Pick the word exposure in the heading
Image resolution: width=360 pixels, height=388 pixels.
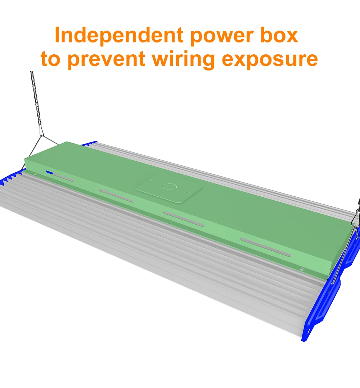point(270,59)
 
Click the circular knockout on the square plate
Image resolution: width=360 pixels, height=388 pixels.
point(168,187)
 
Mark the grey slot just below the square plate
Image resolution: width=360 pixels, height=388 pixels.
point(184,219)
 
